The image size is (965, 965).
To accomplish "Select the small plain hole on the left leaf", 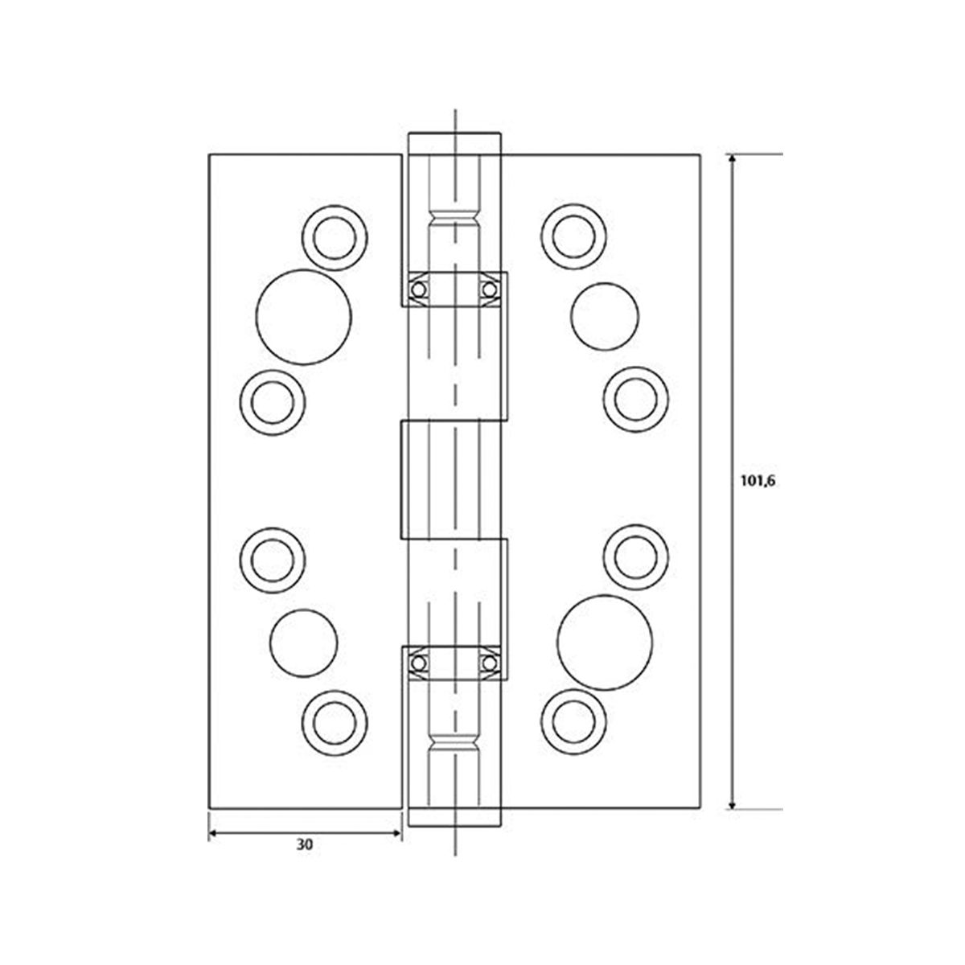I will pyautogui.click(x=303, y=645).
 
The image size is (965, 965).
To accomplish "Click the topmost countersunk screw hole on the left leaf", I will pyautogui.click(x=335, y=236).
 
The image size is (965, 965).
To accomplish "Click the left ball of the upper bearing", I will pyautogui.click(x=419, y=289).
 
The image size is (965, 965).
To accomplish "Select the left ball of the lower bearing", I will pyautogui.click(x=419, y=663).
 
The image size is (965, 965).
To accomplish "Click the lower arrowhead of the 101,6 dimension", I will pyautogui.click(x=732, y=802).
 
